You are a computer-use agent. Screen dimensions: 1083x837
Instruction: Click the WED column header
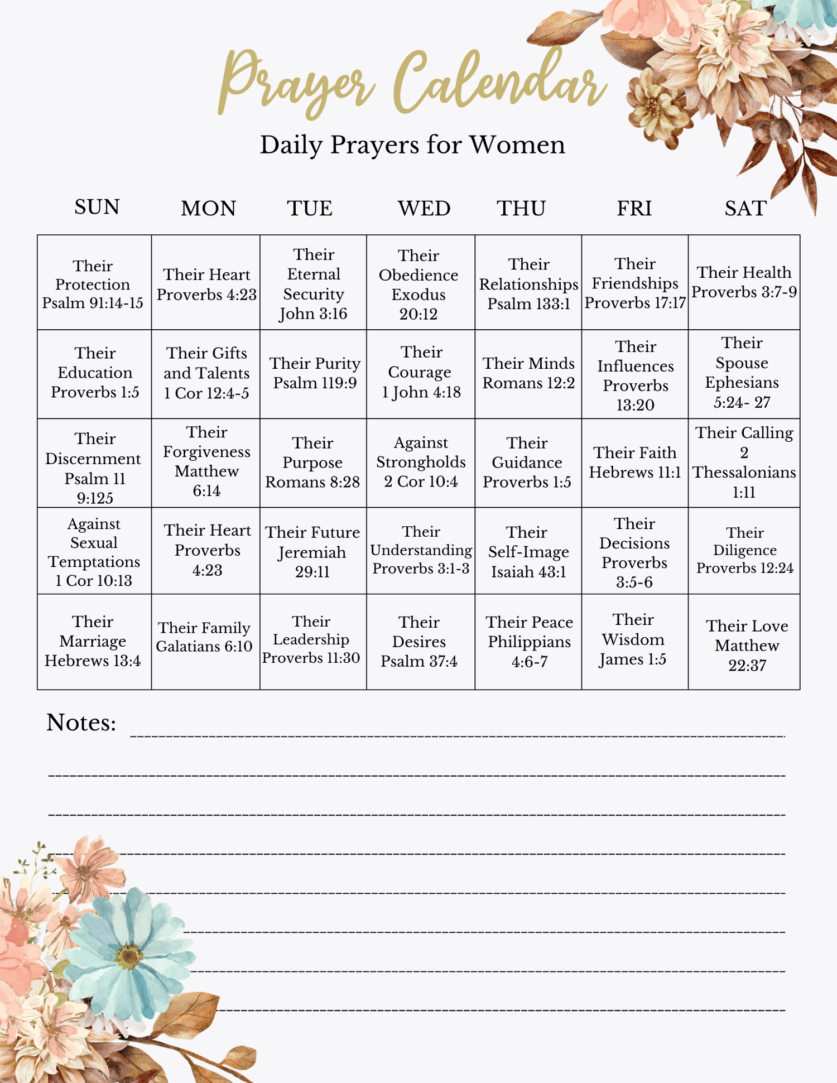[x=424, y=209]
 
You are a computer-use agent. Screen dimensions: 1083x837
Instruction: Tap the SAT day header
[x=745, y=209]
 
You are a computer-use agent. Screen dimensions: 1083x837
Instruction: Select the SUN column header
[x=97, y=208]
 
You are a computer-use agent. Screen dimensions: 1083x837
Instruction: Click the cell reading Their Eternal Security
[x=314, y=283]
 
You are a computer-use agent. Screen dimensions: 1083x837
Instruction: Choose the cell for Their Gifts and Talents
[x=206, y=373]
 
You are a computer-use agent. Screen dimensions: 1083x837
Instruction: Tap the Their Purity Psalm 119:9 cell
[x=315, y=373]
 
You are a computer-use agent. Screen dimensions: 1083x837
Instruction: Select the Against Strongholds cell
[x=421, y=462]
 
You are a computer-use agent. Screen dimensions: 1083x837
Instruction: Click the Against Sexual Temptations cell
[x=94, y=552]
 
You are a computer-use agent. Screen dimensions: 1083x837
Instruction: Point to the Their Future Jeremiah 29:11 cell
[x=312, y=552]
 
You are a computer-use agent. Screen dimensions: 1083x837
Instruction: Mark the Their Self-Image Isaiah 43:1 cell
[x=528, y=552]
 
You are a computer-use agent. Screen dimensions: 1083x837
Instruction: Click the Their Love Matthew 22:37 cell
[x=747, y=645]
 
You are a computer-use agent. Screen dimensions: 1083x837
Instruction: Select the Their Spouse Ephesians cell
[x=742, y=373]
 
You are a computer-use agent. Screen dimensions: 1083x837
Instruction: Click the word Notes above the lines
[x=81, y=723]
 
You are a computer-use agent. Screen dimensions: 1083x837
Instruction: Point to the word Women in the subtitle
[x=517, y=145]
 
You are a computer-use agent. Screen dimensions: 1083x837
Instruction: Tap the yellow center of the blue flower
[x=129, y=957]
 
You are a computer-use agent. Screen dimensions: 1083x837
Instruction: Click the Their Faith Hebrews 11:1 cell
[x=635, y=462]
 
